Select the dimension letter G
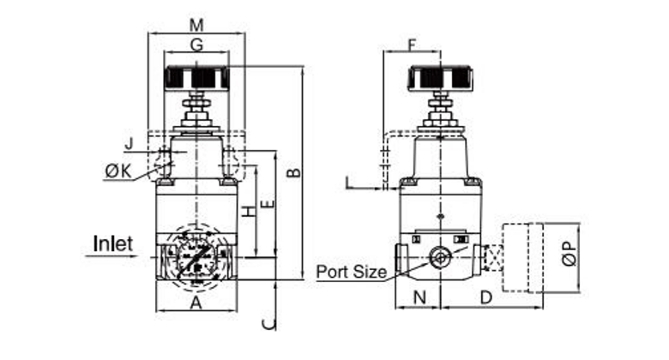196,45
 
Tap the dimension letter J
128,142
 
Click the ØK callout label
118,171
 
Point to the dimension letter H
247,212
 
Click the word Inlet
113,244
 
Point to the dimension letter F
412,44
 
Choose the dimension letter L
348,183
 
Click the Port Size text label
352,273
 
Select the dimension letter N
419,298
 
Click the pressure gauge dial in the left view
196,255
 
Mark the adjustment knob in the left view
196,78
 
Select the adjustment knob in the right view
442,78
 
